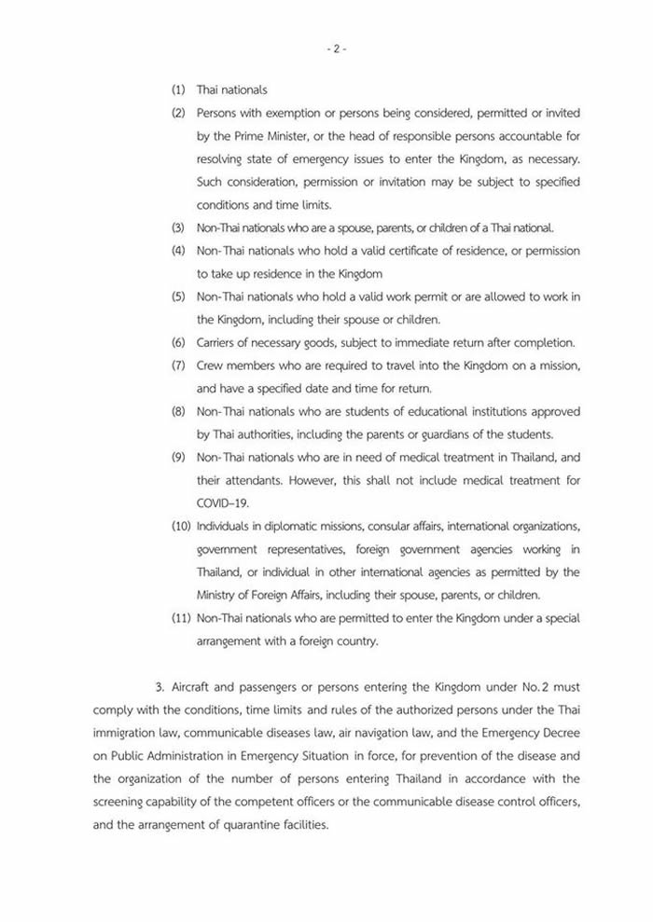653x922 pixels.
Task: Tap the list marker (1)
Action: click(178, 90)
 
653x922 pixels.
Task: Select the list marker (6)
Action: click(178, 342)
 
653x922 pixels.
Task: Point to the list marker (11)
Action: click(181, 618)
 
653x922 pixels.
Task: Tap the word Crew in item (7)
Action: click(210, 365)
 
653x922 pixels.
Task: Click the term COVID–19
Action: click(216, 502)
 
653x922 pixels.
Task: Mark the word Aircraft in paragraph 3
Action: click(191, 687)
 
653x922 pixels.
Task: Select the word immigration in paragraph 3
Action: click(128, 733)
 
